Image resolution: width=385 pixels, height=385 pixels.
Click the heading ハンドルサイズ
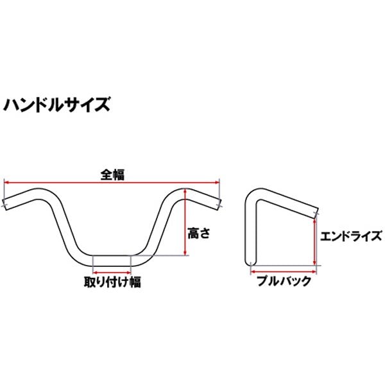click(x=56, y=105)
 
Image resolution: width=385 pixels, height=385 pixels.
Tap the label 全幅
click(x=113, y=175)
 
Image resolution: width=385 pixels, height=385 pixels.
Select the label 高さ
click(x=199, y=233)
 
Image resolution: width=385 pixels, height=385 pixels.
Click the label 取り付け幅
click(x=112, y=282)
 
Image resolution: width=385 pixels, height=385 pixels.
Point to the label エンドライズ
click(x=351, y=236)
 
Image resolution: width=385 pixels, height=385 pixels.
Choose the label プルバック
click(x=284, y=280)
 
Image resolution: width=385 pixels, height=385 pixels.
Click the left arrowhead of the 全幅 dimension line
click(x=6, y=182)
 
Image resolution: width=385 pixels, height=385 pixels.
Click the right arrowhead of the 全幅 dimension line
click(x=217, y=182)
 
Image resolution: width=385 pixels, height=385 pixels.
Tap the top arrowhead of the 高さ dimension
click(x=185, y=191)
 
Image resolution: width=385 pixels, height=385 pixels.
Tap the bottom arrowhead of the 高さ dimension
click(x=185, y=253)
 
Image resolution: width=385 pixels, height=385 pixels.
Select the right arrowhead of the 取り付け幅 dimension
click(x=128, y=272)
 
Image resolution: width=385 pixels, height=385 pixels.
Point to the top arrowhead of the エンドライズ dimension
click(x=314, y=221)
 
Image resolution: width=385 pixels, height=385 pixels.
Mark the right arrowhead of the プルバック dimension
click(x=314, y=271)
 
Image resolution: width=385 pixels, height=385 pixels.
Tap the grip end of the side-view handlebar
click(x=316, y=213)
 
